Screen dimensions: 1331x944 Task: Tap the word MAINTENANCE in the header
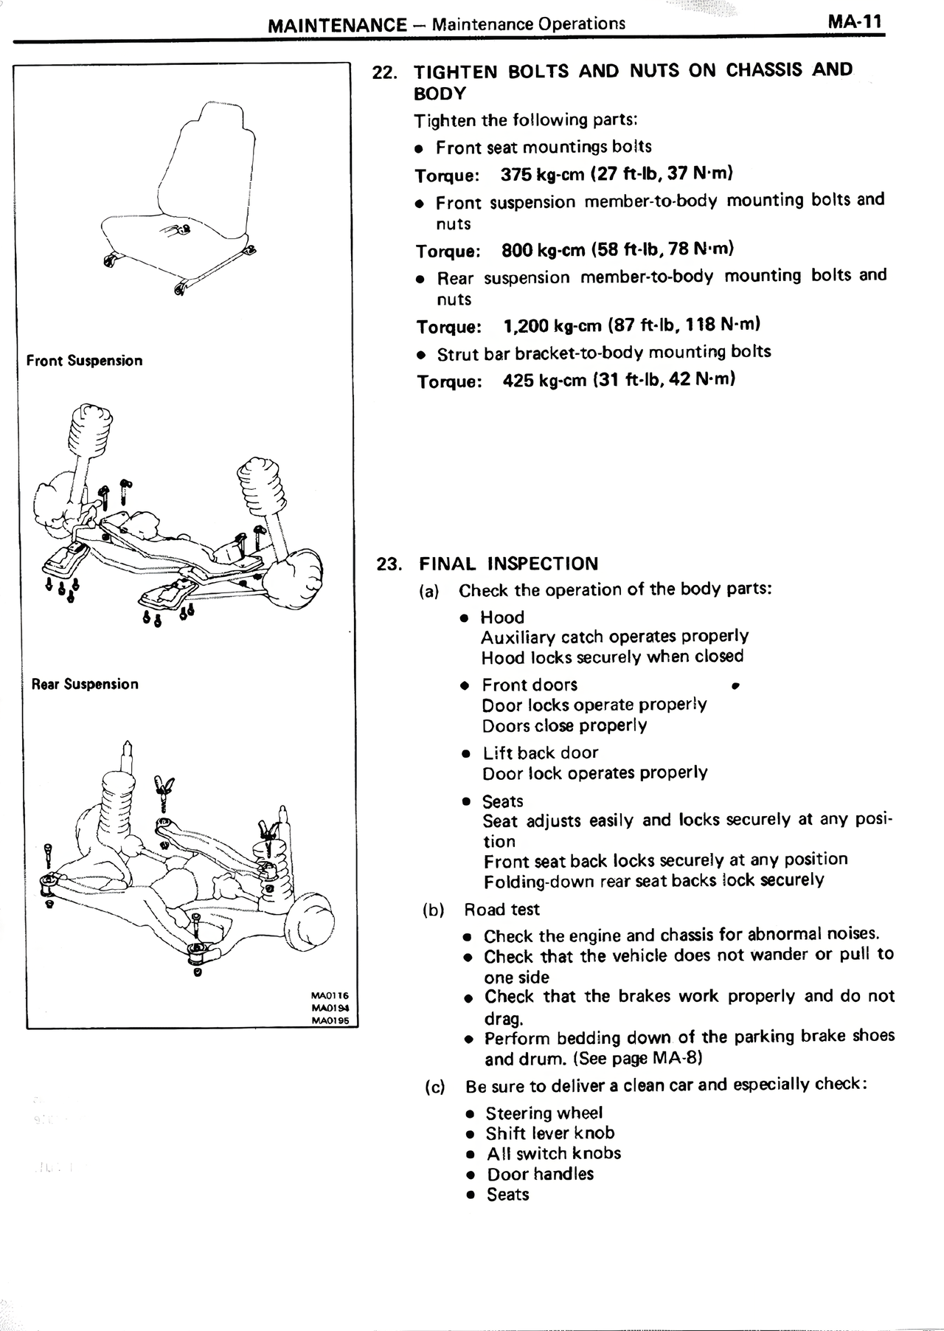[336, 25]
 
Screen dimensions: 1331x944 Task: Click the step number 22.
[386, 73]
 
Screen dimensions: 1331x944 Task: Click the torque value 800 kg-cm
[544, 250]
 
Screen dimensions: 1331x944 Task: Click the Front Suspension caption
[84, 361]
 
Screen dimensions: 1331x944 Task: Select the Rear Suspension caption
[85, 684]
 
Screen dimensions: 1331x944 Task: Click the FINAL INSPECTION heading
[509, 564]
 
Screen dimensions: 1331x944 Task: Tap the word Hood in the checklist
[502, 618]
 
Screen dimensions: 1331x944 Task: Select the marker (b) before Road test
[434, 910]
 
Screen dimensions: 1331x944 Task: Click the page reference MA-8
[675, 1059]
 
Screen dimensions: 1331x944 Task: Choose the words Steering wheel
[544, 1113]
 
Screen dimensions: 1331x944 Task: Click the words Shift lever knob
[549, 1133]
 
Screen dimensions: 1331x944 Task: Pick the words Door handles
[540, 1174]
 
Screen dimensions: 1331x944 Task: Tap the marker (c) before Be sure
[435, 1086]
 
